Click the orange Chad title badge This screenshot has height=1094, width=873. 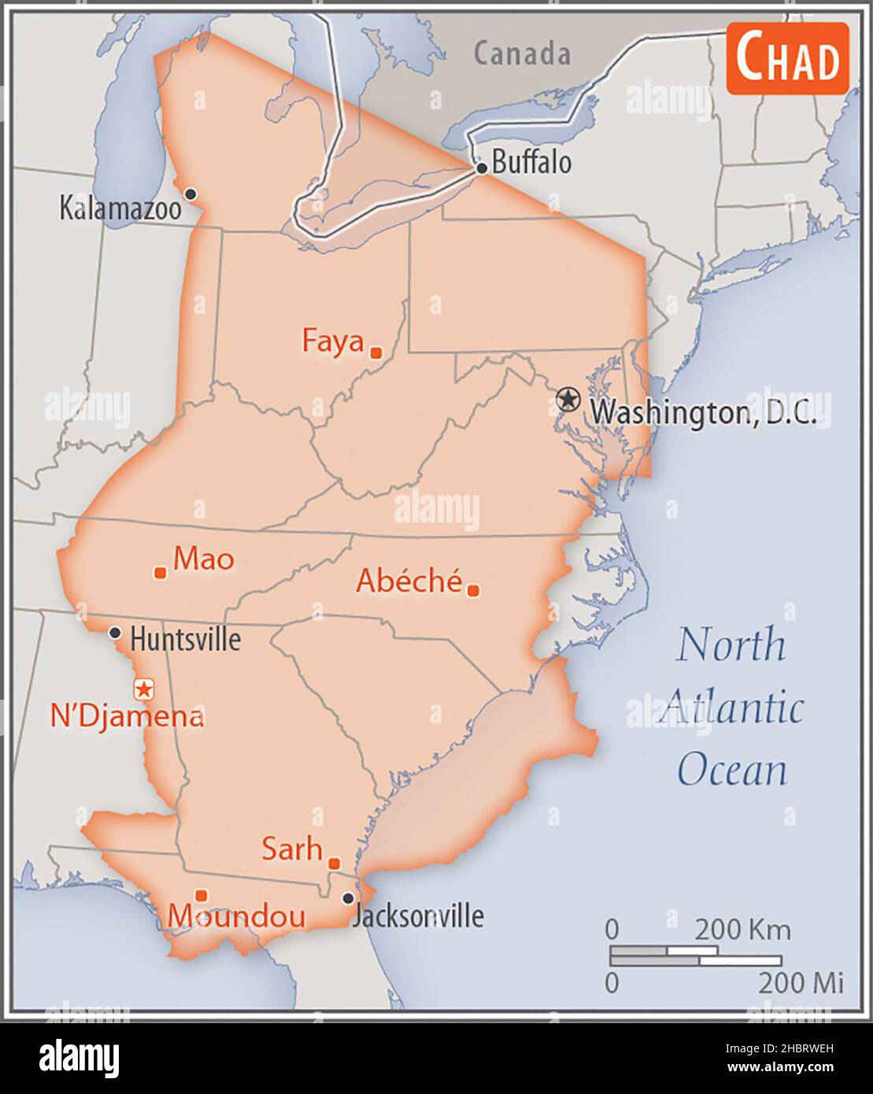pyautogui.click(x=787, y=59)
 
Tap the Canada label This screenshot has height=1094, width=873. pyautogui.click(x=522, y=54)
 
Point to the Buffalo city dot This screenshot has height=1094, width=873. pyautogui.click(x=482, y=168)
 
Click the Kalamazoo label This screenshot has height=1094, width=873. pyautogui.click(x=120, y=209)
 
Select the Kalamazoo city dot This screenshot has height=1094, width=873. pyautogui.click(x=190, y=194)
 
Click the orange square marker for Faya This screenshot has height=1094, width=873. pyautogui.click(x=376, y=353)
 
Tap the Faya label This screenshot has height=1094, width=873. pyautogui.click(x=333, y=342)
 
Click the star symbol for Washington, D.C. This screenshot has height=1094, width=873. pyautogui.click(x=567, y=399)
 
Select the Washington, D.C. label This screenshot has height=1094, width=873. pyautogui.click(x=703, y=411)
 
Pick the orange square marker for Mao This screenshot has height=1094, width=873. pyautogui.click(x=160, y=573)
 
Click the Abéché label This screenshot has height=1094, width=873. pyautogui.click(x=409, y=581)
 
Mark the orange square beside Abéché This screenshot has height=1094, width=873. pyautogui.click(x=473, y=590)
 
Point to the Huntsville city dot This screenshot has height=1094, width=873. pyautogui.click(x=115, y=632)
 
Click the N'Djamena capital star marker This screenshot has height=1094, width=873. pyautogui.click(x=144, y=689)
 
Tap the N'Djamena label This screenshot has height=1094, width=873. pyautogui.click(x=126, y=716)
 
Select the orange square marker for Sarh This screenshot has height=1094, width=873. pyautogui.click(x=334, y=863)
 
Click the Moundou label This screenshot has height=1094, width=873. pyautogui.click(x=236, y=916)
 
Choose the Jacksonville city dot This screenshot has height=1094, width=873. pyautogui.click(x=348, y=898)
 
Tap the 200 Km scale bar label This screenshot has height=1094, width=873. pyautogui.click(x=742, y=930)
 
